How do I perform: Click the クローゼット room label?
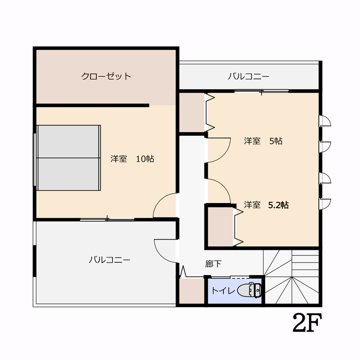(x=106, y=77)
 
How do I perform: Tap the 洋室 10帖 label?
(x=132, y=159)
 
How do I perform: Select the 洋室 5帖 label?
(x=263, y=141)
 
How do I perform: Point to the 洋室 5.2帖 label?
(x=266, y=205)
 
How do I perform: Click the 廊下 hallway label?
(x=213, y=264)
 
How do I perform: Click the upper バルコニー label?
(x=249, y=77)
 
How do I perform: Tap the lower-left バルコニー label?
(x=110, y=260)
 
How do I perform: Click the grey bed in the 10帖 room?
(x=69, y=158)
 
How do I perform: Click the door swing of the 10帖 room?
(x=165, y=206)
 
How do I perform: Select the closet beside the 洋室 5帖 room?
(x=192, y=112)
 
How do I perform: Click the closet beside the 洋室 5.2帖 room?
(x=220, y=226)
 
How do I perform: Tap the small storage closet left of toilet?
(x=191, y=291)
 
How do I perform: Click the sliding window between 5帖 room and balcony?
(x=261, y=91)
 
